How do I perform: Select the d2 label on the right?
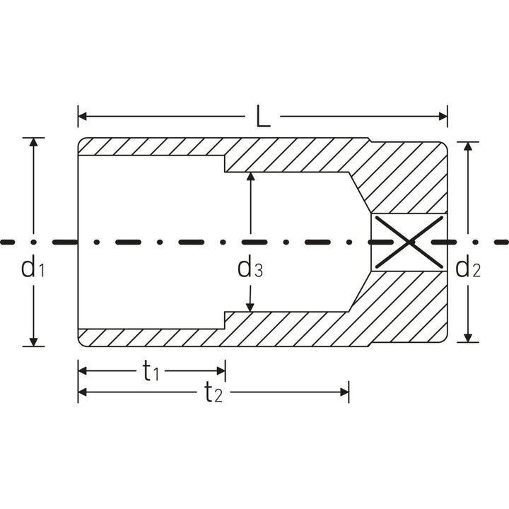tap(467, 268)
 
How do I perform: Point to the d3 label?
tap(250, 268)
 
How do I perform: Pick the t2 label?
tap(213, 392)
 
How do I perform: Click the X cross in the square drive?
tap(409, 242)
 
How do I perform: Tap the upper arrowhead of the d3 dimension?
tap(250, 177)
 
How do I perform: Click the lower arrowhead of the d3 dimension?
tap(250, 306)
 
